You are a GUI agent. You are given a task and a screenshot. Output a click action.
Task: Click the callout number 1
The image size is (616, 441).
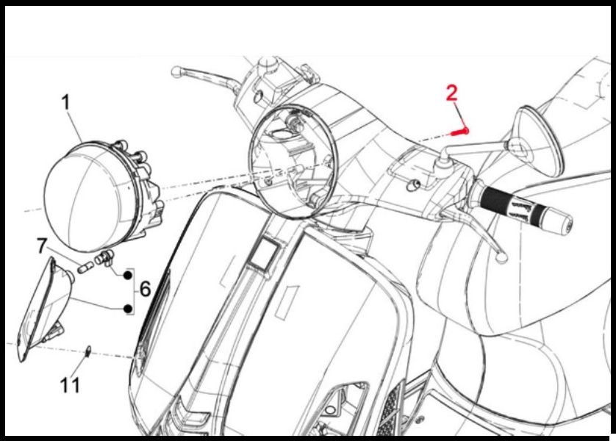tap(66, 103)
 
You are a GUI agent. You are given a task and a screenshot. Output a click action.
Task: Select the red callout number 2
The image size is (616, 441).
tap(452, 94)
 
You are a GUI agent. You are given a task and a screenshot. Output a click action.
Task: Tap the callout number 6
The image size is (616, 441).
tap(145, 290)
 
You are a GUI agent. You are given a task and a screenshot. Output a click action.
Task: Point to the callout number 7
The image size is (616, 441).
tap(42, 245)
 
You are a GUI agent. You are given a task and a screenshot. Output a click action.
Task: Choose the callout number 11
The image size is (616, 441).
tap(70, 385)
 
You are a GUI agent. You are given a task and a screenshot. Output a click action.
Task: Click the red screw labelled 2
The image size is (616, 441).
tap(459, 132)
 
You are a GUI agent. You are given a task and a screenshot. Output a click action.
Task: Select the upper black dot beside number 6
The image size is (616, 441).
tap(128, 276)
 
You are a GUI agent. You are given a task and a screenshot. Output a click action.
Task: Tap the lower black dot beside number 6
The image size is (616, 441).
tap(128, 309)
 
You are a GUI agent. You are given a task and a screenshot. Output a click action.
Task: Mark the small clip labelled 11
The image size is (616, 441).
tap(88, 351)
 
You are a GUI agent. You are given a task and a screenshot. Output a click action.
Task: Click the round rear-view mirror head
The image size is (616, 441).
tap(539, 140)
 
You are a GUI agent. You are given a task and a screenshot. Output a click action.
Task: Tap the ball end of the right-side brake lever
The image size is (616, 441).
tap(502, 257)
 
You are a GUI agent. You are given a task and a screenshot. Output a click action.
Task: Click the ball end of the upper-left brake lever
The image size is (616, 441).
tap(176, 71)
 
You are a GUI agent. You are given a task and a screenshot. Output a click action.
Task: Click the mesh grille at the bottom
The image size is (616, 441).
tap(389, 411)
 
